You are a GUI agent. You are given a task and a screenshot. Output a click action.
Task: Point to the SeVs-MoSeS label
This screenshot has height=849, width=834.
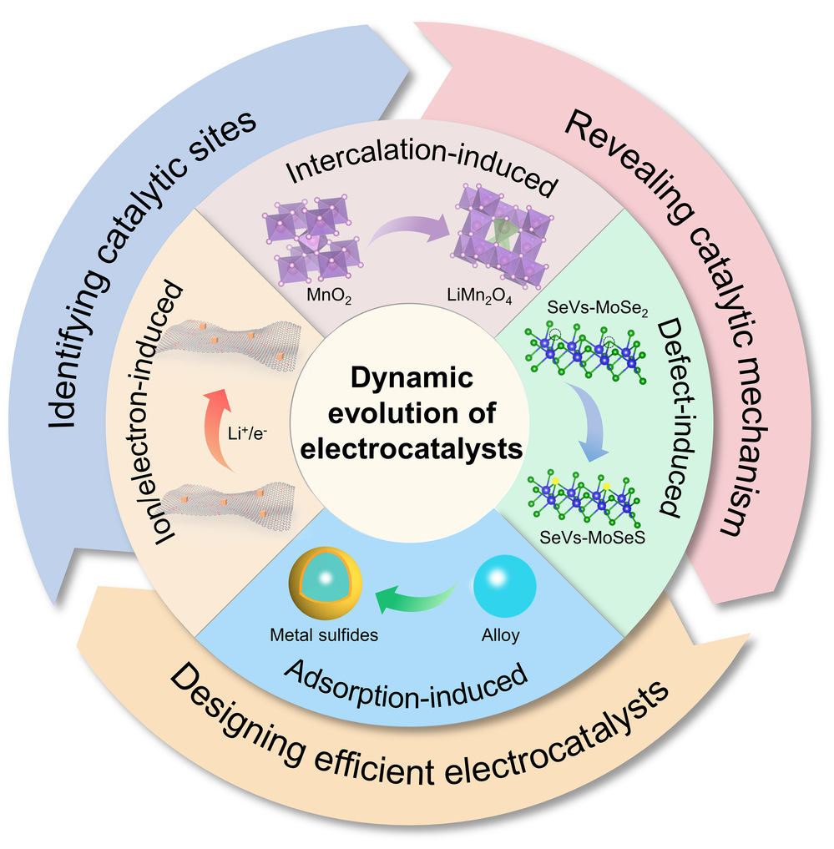[x=576, y=538]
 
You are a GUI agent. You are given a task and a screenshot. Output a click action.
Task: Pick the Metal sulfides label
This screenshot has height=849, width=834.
[x=325, y=635]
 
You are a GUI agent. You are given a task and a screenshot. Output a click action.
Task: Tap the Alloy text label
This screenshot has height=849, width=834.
[x=501, y=635]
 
